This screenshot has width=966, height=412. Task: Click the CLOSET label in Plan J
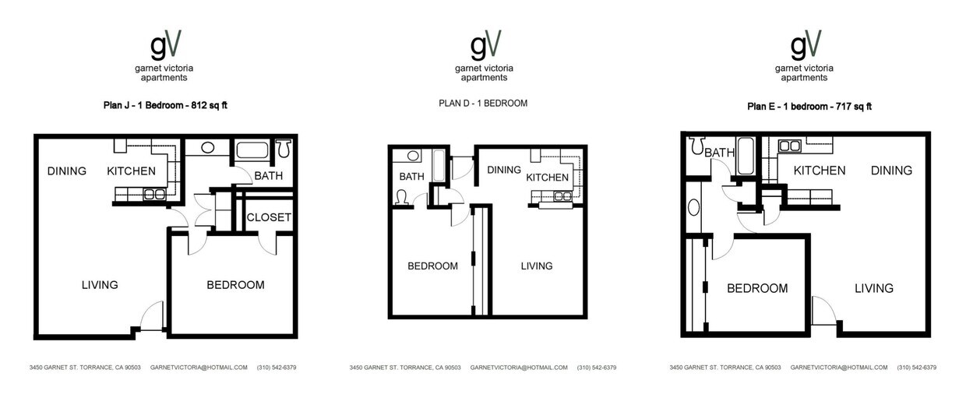[x=269, y=217]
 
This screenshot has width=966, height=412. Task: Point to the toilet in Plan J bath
[x=284, y=148]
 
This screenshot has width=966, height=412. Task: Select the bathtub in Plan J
[x=252, y=150]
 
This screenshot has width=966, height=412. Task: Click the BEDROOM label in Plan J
[x=235, y=285]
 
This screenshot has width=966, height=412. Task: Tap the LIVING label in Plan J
[x=100, y=285]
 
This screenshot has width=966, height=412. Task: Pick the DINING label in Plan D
[x=503, y=170]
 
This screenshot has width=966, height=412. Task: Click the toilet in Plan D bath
[x=404, y=198]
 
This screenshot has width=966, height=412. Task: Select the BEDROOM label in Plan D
[x=432, y=266]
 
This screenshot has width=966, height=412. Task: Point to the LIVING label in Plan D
[x=536, y=266]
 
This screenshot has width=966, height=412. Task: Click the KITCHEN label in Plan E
[x=819, y=171]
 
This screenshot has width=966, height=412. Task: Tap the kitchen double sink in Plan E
[x=790, y=146]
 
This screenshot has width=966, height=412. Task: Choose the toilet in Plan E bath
[x=697, y=145]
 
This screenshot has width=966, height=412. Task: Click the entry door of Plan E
[x=823, y=312]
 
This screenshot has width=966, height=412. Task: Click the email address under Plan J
[x=199, y=368]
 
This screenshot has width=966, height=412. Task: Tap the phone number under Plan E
[x=916, y=368]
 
